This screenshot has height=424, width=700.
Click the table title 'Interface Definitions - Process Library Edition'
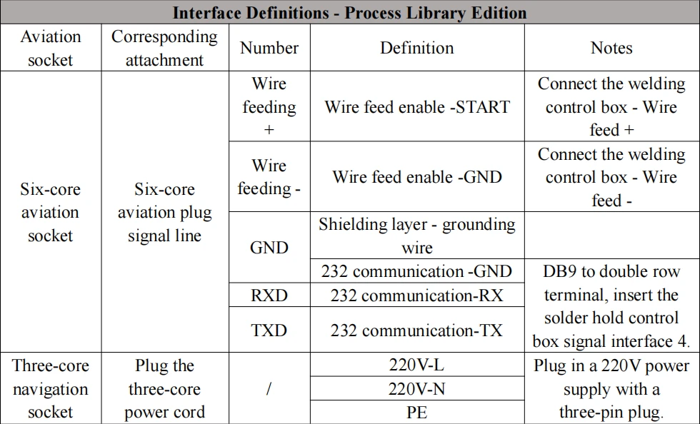349,13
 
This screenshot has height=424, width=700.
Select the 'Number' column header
269,48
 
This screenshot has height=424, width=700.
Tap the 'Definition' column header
417,48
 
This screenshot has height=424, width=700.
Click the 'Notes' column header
611,48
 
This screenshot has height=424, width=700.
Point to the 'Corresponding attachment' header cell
165,48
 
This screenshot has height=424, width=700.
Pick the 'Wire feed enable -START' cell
417,107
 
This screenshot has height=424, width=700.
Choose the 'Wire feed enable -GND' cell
417,177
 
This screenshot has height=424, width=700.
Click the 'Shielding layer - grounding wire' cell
417,236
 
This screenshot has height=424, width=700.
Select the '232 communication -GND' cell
417,271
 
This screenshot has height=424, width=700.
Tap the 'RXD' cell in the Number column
269,295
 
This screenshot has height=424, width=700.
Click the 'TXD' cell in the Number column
269,330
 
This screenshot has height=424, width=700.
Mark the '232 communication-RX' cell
417,295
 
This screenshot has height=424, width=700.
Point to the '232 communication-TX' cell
417,330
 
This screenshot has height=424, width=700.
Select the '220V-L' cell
417,365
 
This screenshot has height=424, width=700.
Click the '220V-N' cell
417,389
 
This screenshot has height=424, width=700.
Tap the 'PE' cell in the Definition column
417,412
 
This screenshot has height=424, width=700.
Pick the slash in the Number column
269,389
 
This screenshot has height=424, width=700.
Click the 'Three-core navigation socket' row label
51,389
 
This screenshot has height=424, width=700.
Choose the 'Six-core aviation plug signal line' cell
165,213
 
